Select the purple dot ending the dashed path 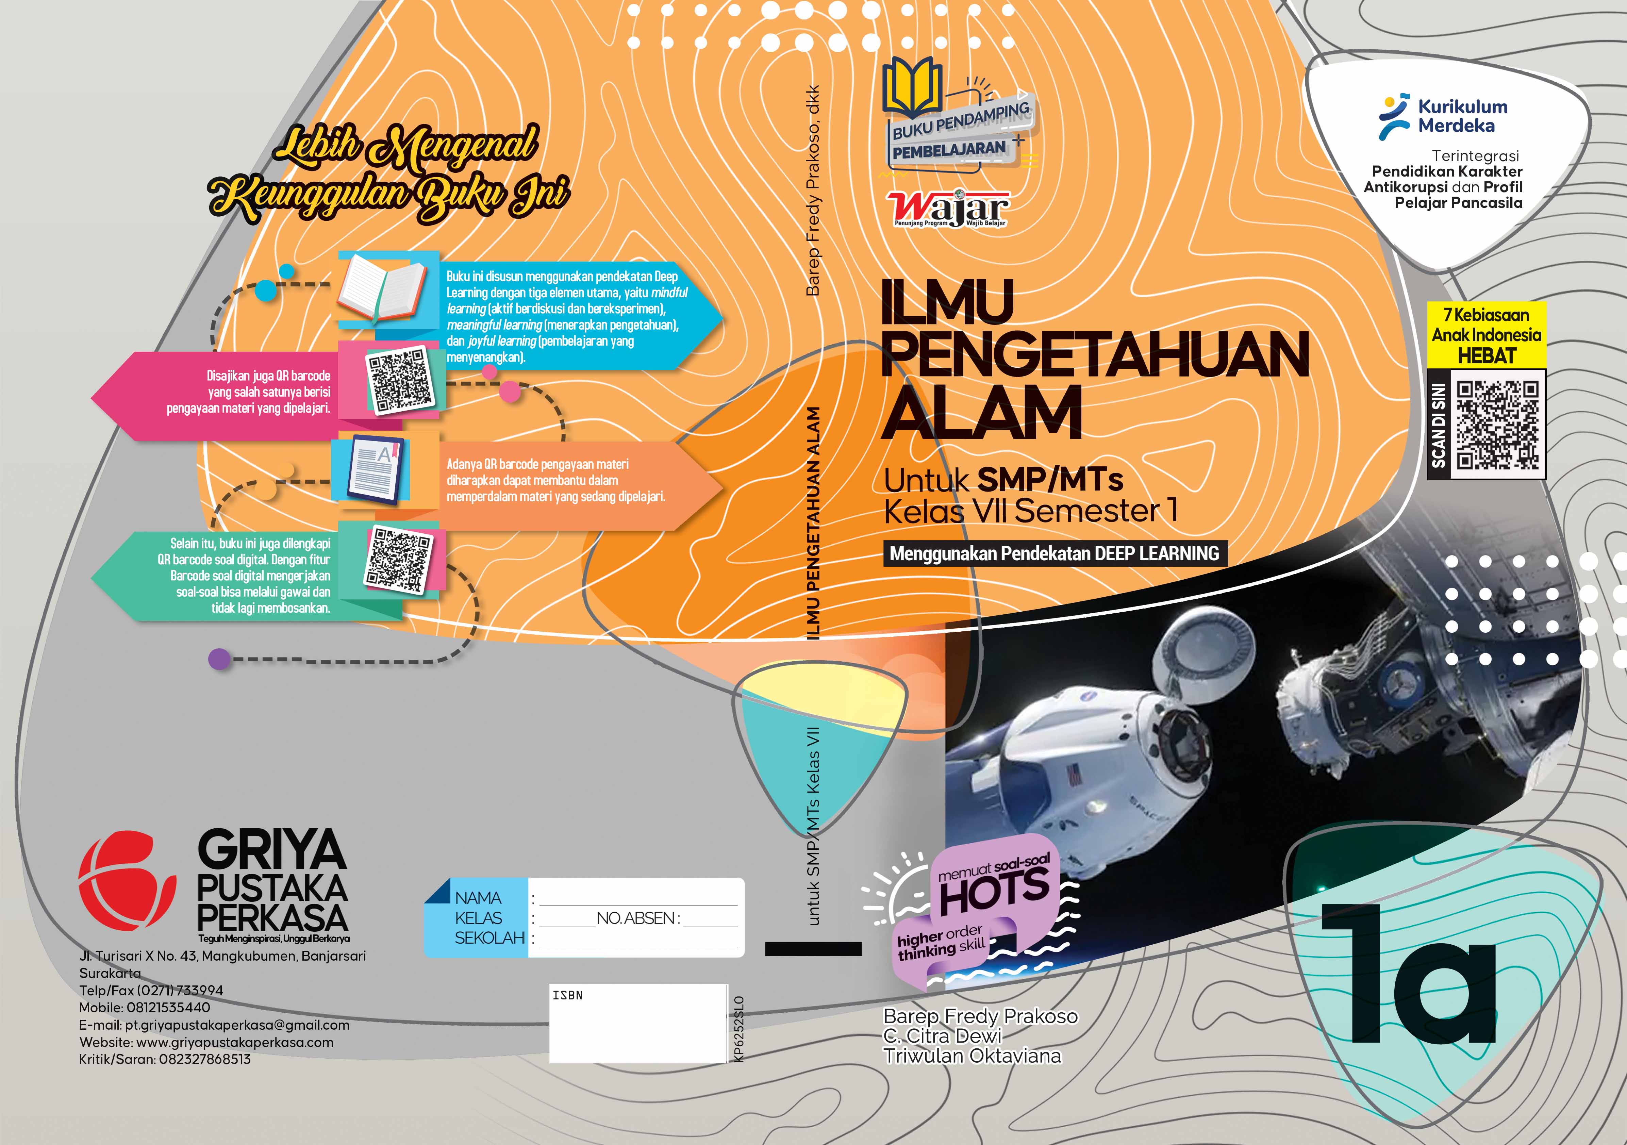click(219, 659)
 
